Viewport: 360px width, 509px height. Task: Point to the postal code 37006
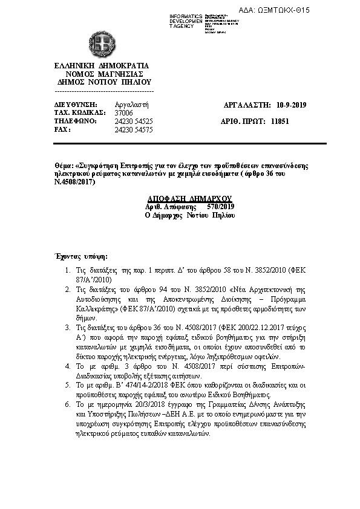point(123,113)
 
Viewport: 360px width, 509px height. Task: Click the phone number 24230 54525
point(134,122)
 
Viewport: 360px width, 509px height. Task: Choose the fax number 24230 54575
point(134,130)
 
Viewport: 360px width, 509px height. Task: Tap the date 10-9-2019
point(291,105)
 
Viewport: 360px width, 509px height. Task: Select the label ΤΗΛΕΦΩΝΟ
point(69,122)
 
